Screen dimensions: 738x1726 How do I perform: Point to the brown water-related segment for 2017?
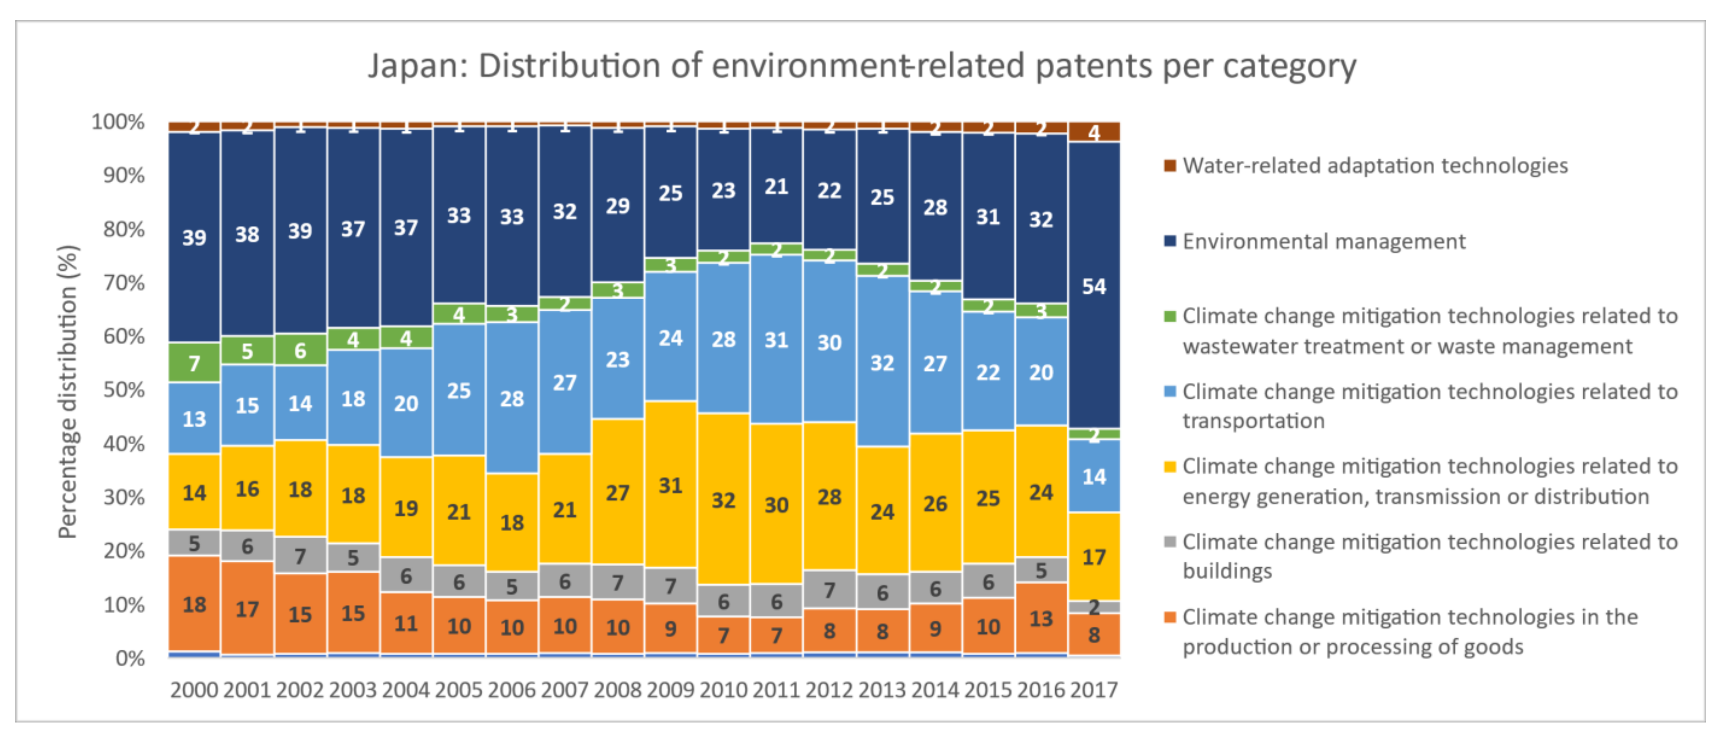1093,132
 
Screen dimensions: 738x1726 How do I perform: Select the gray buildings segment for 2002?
300,555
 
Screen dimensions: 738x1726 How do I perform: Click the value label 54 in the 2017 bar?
1093,286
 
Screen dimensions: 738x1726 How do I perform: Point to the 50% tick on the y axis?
124,390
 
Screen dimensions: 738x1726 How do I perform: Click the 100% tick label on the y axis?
118,122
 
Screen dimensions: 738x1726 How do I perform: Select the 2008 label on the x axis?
617,690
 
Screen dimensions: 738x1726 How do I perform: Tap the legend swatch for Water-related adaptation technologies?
1170,166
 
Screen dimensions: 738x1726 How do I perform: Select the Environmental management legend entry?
1323,241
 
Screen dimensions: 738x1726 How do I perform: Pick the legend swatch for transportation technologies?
1170,392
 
